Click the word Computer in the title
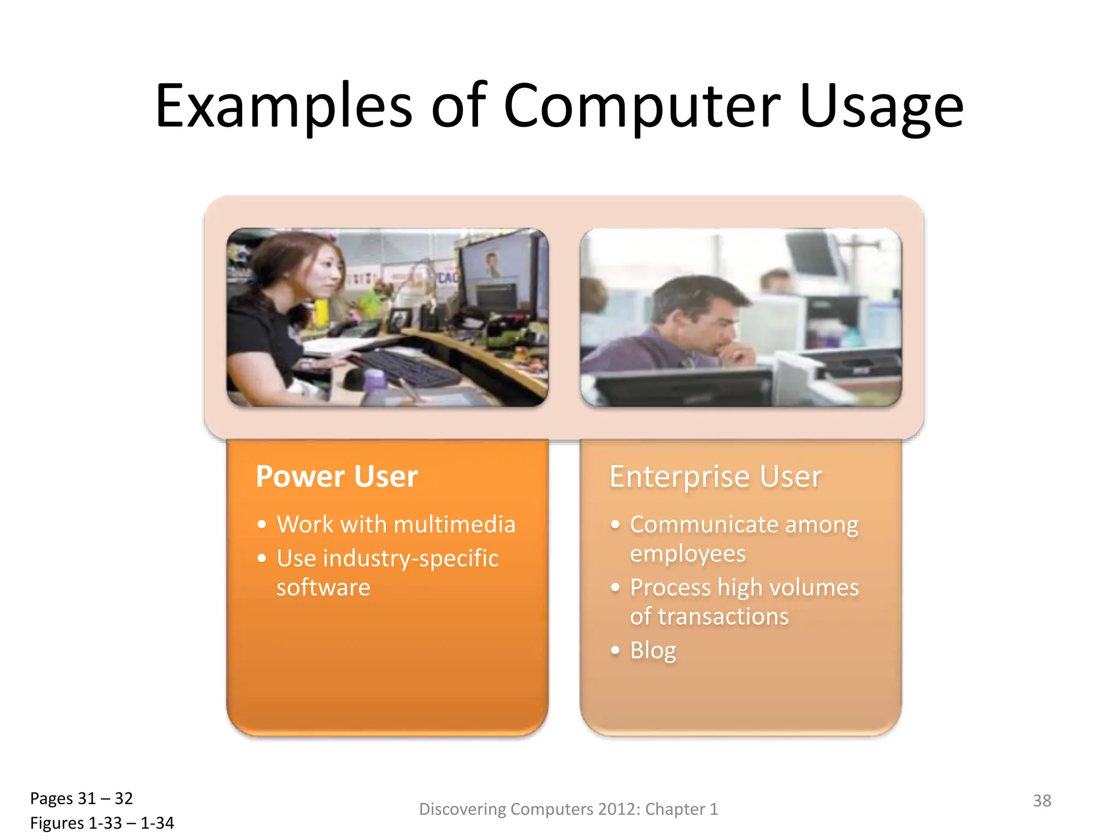point(642,107)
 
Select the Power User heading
point(337,476)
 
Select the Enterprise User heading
point(715,476)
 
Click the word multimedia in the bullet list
point(455,524)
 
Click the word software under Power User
point(323,588)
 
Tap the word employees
point(687,554)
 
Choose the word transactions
point(723,617)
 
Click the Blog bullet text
point(653,651)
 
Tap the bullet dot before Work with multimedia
point(262,525)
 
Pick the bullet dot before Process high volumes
point(615,588)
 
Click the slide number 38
point(1041,801)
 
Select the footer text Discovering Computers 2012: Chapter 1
point(568,809)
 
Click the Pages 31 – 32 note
point(81,799)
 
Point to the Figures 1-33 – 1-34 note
point(102,823)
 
